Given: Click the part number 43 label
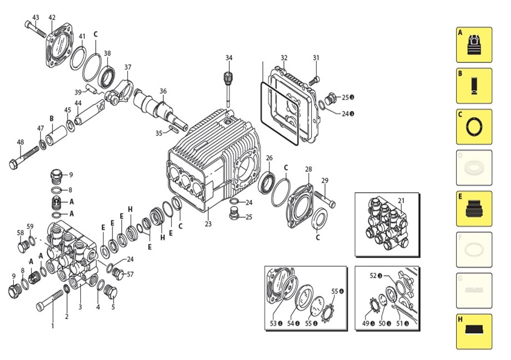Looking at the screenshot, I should [x=35, y=18].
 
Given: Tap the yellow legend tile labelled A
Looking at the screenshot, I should [x=474, y=45].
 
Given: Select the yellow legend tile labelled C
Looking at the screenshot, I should [x=474, y=127].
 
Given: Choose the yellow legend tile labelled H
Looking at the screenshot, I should [x=474, y=332].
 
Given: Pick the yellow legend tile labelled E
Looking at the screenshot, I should [x=474, y=209].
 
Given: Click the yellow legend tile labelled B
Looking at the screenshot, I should [x=474, y=86].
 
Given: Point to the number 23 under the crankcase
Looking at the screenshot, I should [x=208, y=224].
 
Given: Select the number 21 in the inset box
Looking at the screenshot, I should [x=401, y=200].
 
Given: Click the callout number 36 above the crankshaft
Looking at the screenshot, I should [x=163, y=91].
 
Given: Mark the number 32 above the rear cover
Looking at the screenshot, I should [x=284, y=58].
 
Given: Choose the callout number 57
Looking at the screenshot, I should [x=131, y=274].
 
